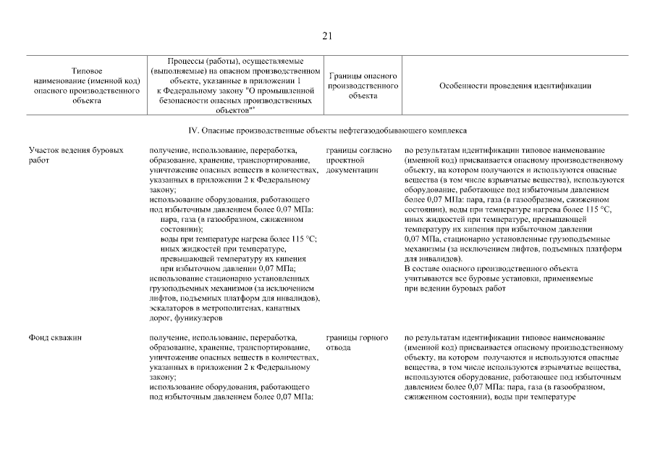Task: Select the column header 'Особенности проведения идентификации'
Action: click(515, 86)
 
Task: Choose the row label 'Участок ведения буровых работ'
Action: click(71, 154)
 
